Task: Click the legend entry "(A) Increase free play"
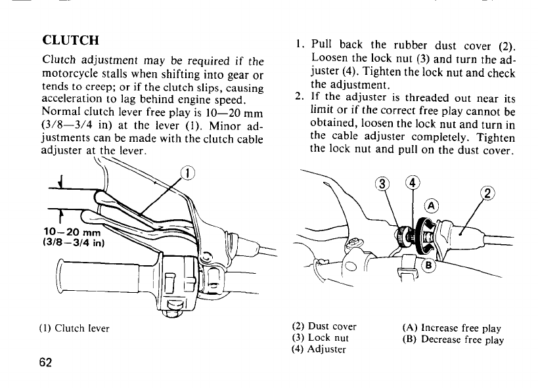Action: point(451,328)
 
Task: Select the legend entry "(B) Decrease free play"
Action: point(453,340)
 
